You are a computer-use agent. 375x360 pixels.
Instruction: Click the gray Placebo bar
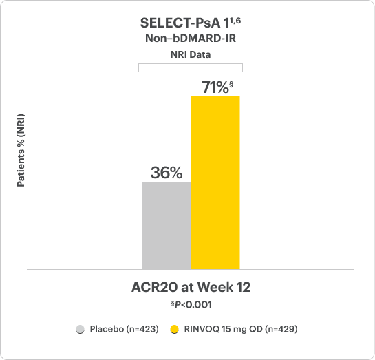[x=166, y=225]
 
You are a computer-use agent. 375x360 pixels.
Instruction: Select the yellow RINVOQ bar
[x=215, y=182]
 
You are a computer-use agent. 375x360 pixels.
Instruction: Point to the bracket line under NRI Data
[x=191, y=64]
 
